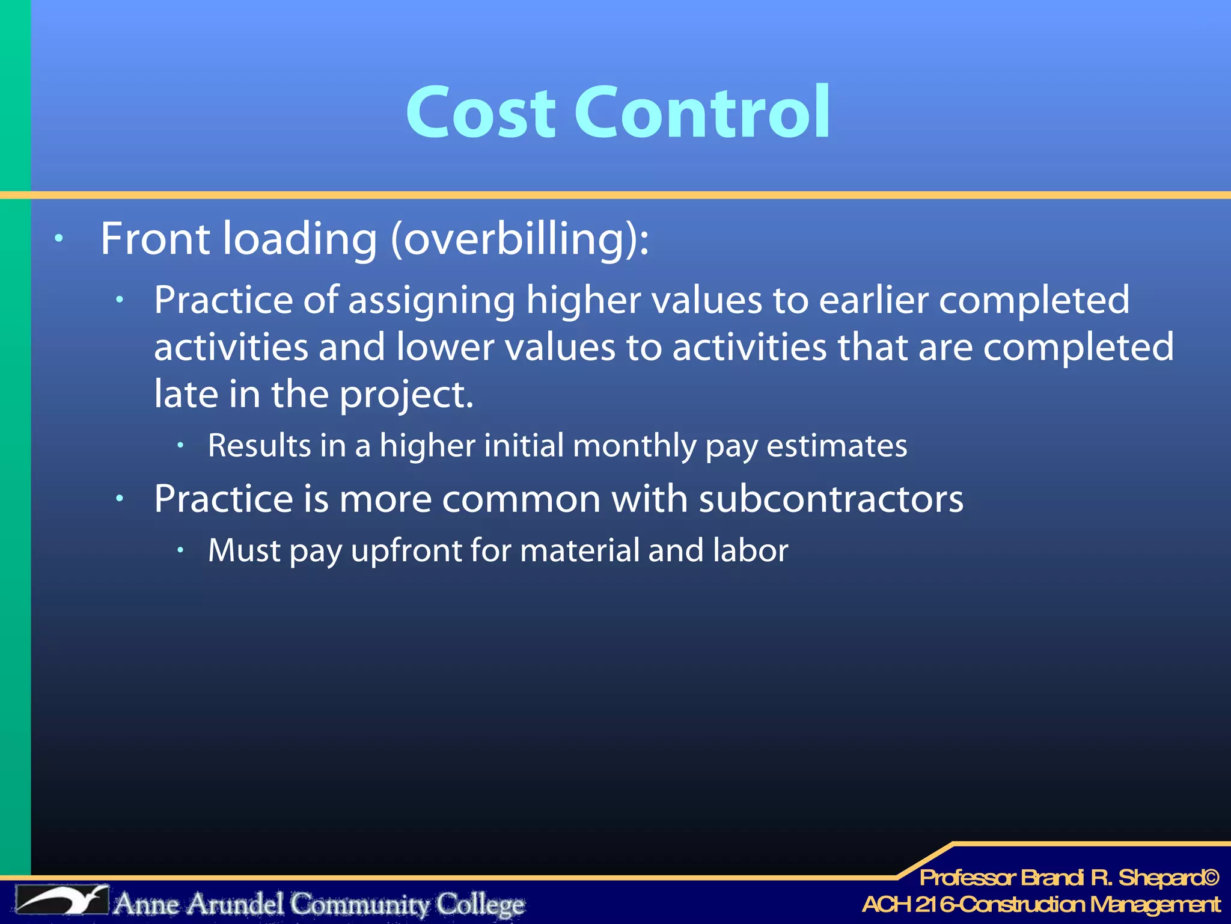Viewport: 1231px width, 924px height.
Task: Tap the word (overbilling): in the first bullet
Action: tap(520, 239)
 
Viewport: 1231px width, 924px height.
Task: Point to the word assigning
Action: tap(432, 300)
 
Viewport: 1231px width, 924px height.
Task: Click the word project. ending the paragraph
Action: tap(406, 395)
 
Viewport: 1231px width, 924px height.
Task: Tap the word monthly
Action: tap(634, 446)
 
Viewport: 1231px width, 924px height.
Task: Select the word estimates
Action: tap(837, 446)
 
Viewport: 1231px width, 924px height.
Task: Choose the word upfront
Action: tap(406, 551)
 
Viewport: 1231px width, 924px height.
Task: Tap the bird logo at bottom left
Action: tap(62, 901)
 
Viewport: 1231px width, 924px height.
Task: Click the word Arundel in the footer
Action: tap(236, 904)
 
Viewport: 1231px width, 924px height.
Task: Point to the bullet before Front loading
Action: tap(58, 239)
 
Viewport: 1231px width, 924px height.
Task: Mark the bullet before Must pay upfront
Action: tap(180, 549)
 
